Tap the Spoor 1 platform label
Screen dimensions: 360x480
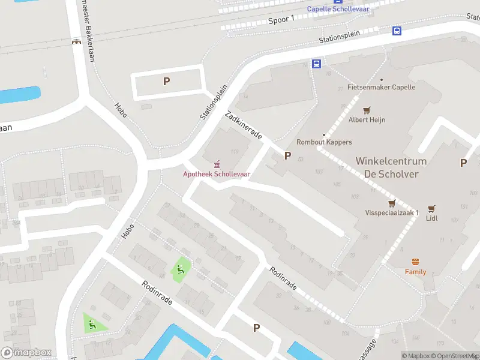pyautogui.click(x=281, y=20)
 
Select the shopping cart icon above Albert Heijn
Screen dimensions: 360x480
pyautogui.click(x=367, y=110)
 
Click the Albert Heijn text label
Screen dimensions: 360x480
pyautogui.click(x=367, y=119)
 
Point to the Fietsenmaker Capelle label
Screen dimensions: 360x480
pyautogui.click(x=381, y=87)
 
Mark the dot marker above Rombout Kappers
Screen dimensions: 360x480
pyautogui.click(x=324, y=134)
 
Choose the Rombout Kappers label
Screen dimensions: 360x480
pyautogui.click(x=324, y=142)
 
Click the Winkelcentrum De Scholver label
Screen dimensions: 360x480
pyautogui.click(x=391, y=167)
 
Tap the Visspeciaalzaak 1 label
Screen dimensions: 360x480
pyautogui.click(x=392, y=213)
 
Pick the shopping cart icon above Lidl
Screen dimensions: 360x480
pyautogui.click(x=431, y=209)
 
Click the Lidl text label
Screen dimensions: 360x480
pyautogui.click(x=431, y=218)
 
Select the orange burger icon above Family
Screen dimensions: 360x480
pyautogui.click(x=415, y=262)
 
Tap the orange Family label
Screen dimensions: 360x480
pyautogui.click(x=415, y=272)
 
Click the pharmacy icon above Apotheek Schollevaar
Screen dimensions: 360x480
pyautogui.click(x=217, y=164)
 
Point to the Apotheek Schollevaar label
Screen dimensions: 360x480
pyautogui.click(x=217, y=174)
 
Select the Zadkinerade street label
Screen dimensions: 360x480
pyautogui.click(x=243, y=125)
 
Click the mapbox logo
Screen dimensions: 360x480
pyautogui.click(x=26, y=353)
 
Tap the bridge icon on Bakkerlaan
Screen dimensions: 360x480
pyautogui.click(x=76, y=42)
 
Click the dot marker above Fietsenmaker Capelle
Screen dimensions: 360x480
pyautogui.click(x=381, y=79)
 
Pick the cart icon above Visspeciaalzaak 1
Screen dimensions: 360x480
pyautogui.click(x=392, y=203)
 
